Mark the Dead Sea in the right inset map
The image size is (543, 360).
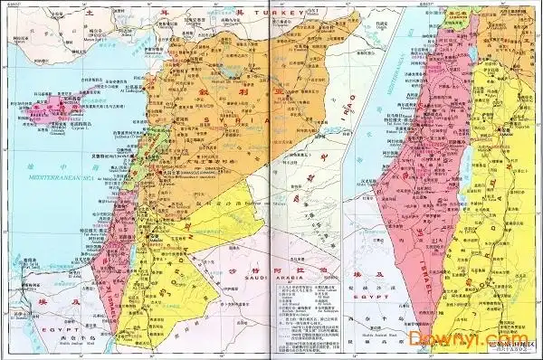pos(472,217)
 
